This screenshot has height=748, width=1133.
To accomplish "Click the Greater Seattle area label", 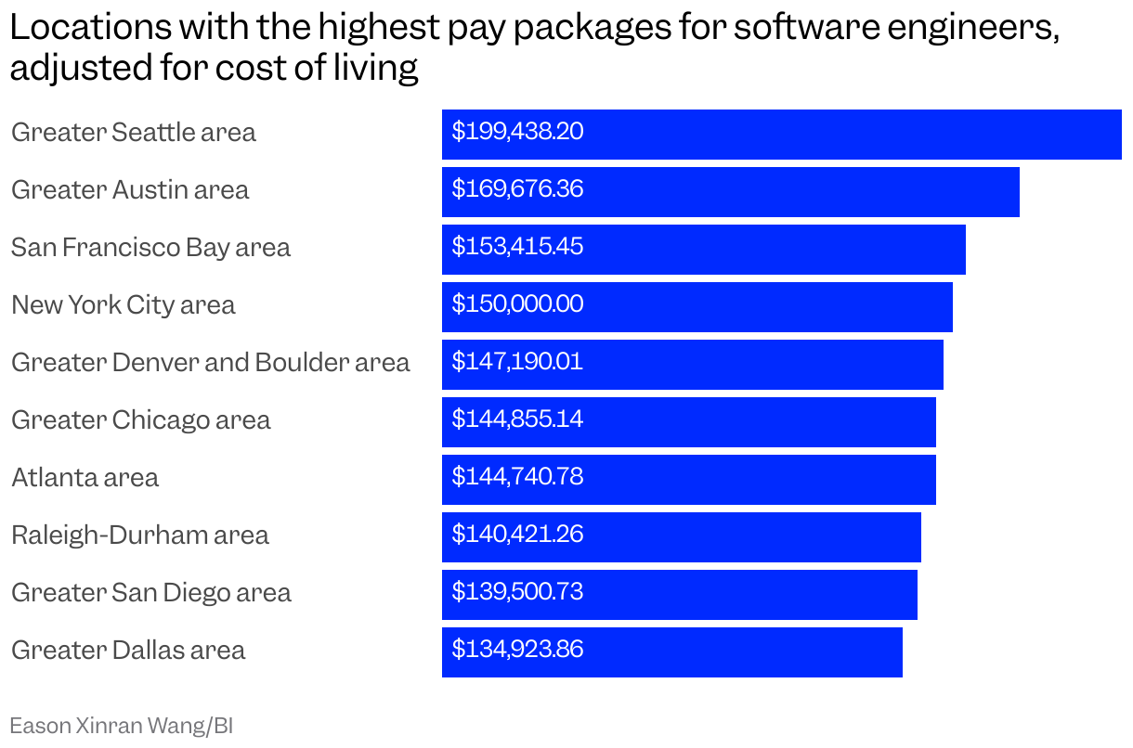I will point(133,133).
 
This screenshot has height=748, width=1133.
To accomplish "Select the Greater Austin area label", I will point(130,190).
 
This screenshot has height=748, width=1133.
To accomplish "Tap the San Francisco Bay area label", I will point(150,248).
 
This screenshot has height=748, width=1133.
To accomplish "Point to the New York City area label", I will point(123,305).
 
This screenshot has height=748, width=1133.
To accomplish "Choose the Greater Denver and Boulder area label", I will point(210,363).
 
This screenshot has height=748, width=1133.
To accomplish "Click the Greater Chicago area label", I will point(140,420).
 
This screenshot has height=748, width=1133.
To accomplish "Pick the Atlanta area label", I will point(85,478).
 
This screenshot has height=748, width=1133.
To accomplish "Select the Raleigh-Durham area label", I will point(139,535).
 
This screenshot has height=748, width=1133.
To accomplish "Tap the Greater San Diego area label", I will point(150,593).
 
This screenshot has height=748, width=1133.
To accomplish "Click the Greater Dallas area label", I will point(128,651).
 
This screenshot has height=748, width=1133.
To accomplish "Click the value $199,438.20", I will point(517,132).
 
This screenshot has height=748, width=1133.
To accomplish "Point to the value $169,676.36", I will point(517,189).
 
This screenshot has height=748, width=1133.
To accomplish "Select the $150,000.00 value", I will point(517,304).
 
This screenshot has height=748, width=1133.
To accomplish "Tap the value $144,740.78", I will point(517,477).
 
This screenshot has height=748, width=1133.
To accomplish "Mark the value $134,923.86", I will point(517,650).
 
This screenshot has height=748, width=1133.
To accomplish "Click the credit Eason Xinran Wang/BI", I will point(121,726).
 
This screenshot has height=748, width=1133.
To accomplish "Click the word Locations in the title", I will point(90,29).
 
